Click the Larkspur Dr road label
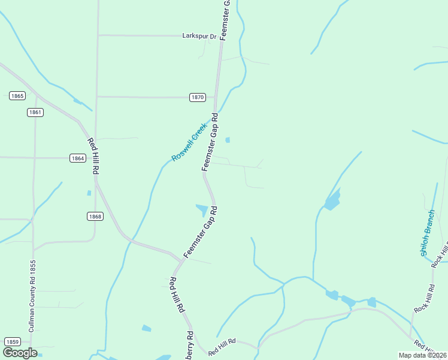tap(199, 36)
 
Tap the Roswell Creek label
tap(189, 143)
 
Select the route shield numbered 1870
tap(198, 97)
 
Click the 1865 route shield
tap(17, 96)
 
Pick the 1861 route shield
tap(35, 112)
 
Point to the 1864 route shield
tap(77, 158)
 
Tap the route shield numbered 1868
tap(95, 217)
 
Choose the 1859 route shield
tap(13, 341)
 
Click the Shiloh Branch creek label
tap(428, 233)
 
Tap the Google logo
tap(19, 352)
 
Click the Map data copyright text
tap(421, 354)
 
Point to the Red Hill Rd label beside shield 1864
tap(93, 156)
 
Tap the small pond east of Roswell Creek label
tap(227, 140)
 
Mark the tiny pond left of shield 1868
tap(89, 193)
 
